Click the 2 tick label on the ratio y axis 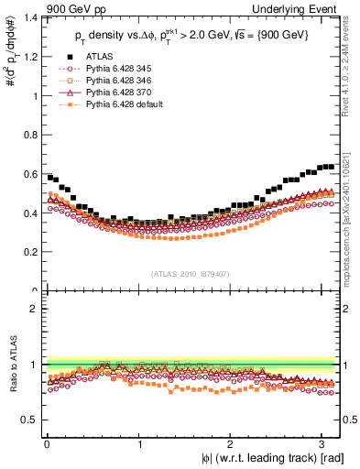click(35, 310)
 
